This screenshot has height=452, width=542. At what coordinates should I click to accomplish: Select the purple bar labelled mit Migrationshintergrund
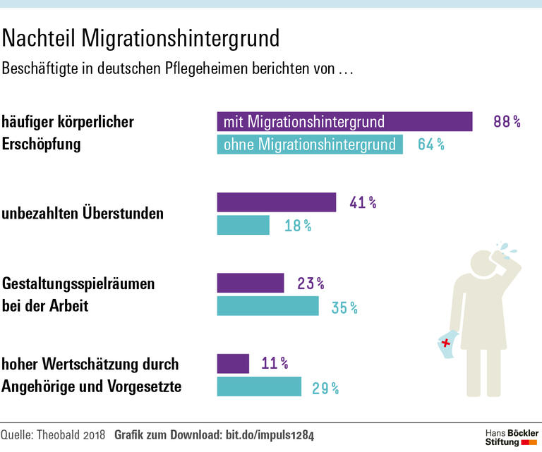(x=344, y=121)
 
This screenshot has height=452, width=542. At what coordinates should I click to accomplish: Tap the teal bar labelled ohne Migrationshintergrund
(x=310, y=145)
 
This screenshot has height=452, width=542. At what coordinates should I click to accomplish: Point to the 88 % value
(x=507, y=121)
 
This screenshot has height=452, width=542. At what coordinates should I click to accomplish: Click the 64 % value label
(x=430, y=145)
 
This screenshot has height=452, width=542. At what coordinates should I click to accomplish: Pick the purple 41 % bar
(x=276, y=202)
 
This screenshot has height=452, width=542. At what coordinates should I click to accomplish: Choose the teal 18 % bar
(x=243, y=226)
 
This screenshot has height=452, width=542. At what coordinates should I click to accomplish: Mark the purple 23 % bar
(x=250, y=283)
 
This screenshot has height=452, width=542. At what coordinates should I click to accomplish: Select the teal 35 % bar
(x=267, y=307)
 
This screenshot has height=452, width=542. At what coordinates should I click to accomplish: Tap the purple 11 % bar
(x=233, y=364)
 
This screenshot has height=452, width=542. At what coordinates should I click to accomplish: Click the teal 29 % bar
(x=259, y=387)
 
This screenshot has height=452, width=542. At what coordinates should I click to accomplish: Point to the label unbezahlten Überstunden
(x=83, y=213)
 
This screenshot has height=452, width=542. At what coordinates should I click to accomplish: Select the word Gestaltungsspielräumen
(x=78, y=284)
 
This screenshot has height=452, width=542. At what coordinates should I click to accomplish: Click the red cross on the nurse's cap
(x=446, y=343)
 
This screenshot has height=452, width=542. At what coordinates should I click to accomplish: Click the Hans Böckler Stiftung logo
(x=511, y=436)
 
